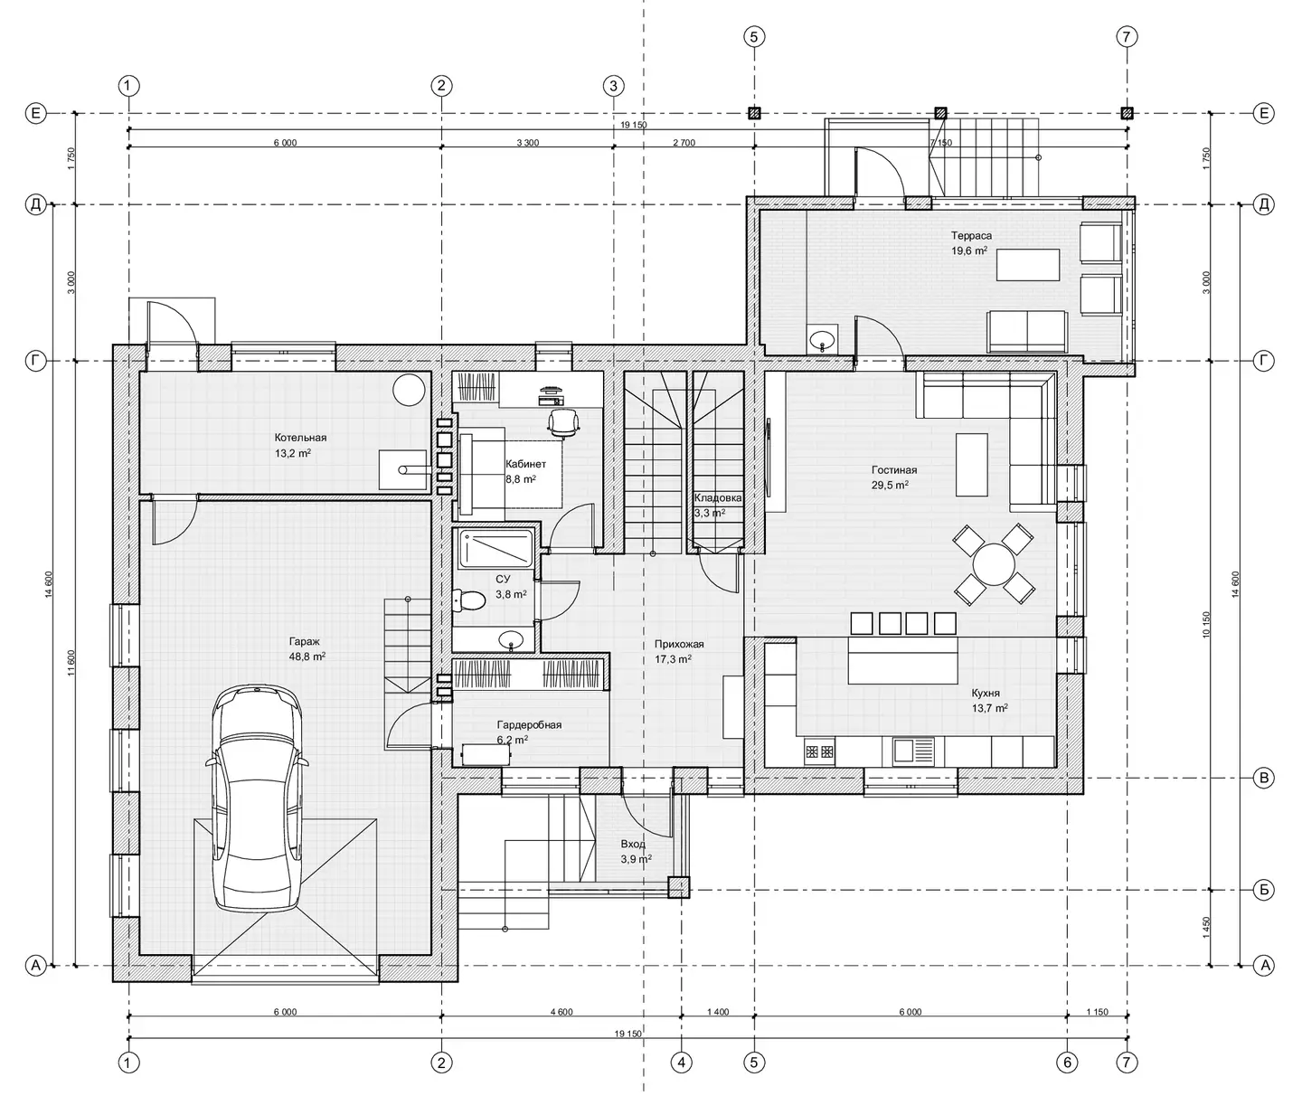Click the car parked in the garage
256,798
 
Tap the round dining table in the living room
994,564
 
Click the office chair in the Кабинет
563,423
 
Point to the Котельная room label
300,438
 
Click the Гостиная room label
894,469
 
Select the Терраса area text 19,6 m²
969,250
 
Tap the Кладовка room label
718,497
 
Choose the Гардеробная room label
529,725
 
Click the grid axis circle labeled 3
614,86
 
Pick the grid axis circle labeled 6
1067,1063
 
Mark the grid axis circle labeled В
1264,778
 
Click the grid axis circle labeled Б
1264,890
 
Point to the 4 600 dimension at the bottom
561,1012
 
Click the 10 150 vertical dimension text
1206,624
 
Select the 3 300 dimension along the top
527,143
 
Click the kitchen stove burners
819,751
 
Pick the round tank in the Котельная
409,389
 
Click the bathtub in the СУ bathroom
495,548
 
